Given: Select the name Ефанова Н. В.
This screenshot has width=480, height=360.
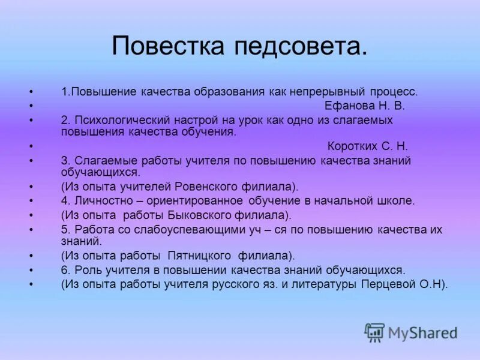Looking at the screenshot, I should (x=356, y=106).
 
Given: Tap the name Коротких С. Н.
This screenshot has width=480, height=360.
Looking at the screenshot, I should (x=368, y=146).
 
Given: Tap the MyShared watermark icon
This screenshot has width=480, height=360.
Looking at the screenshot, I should (x=374, y=332).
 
